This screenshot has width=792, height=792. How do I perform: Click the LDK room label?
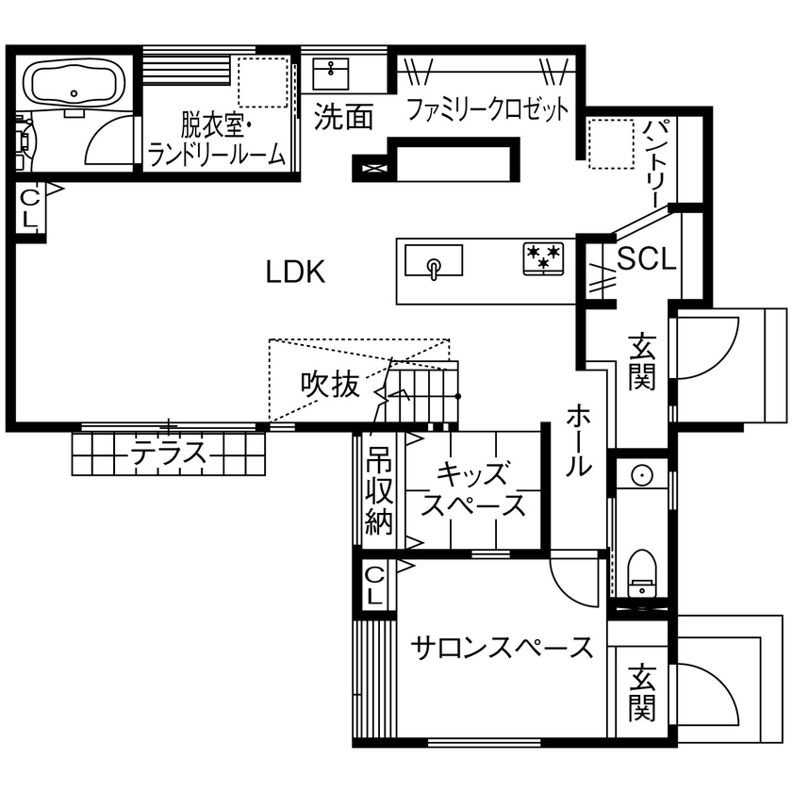(x=295, y=273)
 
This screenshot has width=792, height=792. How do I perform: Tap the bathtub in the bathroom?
(x=74, y=83)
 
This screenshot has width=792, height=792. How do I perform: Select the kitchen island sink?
(x=434, y=261)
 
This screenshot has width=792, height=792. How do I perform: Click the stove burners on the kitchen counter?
(x=544, y=258)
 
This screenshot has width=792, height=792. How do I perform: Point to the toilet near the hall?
(x=641, y=572)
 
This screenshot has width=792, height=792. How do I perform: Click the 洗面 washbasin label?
(x=343, y=117)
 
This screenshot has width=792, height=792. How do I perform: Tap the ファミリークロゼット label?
(x=487, y=110)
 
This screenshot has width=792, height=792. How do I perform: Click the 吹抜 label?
(x=330, y=385)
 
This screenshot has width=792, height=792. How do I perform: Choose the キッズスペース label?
(x=473, y=489)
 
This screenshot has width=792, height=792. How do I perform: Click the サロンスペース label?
(x=503, y=648)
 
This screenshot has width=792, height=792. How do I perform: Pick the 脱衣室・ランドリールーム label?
(x=217, y=139)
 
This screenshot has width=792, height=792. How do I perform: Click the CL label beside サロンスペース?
(x=374, y=585)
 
